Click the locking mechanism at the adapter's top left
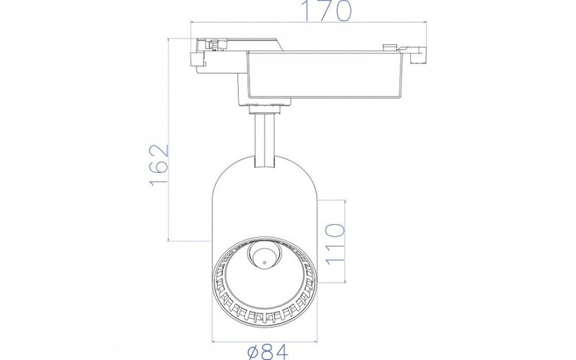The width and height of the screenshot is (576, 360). pyautogui.click(x=215, y=43)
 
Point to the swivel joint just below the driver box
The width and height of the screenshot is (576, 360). pyautogui.click(x=265, y=108)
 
